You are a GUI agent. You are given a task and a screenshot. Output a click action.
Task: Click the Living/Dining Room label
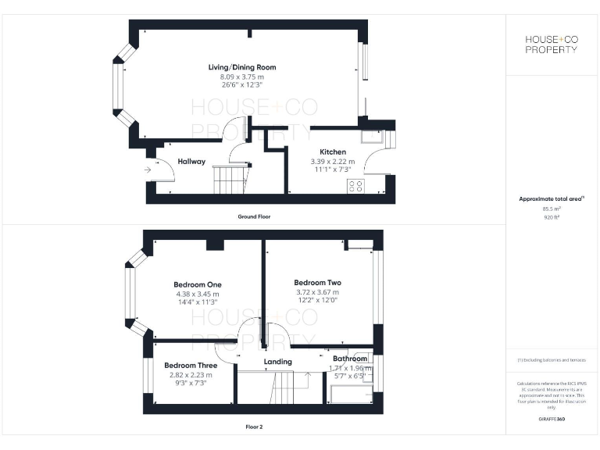click(x=241, y=67)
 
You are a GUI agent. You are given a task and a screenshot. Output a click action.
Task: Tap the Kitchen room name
click(x=333, y=152)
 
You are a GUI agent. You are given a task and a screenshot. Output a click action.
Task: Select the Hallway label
click(x=191, y=162)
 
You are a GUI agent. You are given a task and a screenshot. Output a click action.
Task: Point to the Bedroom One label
click(x=198, y=284)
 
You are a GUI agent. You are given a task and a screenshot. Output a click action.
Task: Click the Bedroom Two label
click(x=317, y=282)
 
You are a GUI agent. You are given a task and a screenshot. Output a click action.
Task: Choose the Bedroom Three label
click(x=191, y=365)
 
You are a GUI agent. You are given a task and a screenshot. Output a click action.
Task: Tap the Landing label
click(x=277, y=362)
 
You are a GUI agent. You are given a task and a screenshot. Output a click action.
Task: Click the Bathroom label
click(x=345, y=359)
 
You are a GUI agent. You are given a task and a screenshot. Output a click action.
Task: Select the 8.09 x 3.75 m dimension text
click(x=241, y=77)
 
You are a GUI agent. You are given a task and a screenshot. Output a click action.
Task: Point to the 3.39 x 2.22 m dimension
click(x=333, y=161)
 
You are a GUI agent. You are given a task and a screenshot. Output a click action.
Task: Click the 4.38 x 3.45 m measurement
click(x=198, y=294)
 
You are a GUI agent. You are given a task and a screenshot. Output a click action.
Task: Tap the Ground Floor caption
click(x=255, y=216)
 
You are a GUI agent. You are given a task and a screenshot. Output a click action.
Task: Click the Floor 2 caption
click(x=255, y=427)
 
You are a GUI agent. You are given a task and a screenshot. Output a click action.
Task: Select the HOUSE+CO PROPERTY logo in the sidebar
click(x=552, y=44)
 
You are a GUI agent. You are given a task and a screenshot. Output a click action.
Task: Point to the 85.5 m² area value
click(x=552, y=209)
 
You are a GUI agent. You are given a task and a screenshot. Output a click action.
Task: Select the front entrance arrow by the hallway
click(x=148, y=169)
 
